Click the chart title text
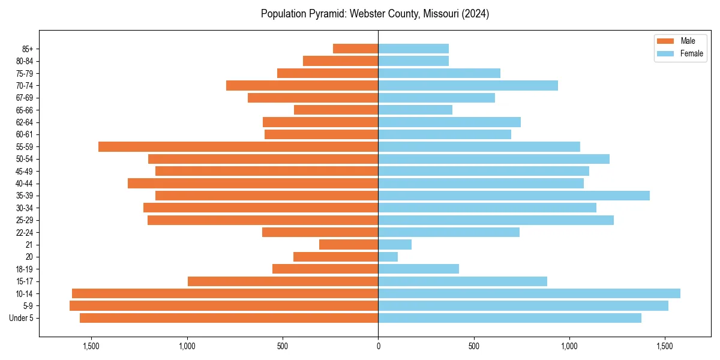pyautogui.click(x=375, y=14)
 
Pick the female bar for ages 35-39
pyautogui.click(x=514, y=196)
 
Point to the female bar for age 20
pyautogui.click(x=388, y=257)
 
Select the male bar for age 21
pyautogui.click(x=349, y=244)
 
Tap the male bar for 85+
pyautogui.click(x=355, y=49)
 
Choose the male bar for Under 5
pyautogui.click(x=229, y=318)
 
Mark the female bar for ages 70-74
pyautogui.click(x=468, y=85)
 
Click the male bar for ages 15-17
pyautogui.click(x=283, y=281)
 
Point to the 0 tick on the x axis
pyautogui.click(x=378, y=346)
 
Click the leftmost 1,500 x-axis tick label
pyautogui.click(x=91, y=346)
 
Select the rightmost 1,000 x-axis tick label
pyautogui.click(x=569, y=346)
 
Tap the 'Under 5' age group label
pyautogui.click(x=21, y=318)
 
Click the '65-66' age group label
pyautogui.click(x=25, y=110)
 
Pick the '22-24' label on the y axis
pyautogui.click(x=25, y=232)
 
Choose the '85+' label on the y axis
pyautogui.click(x=28, y=49)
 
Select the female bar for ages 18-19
pyautogui.click(x=418, y=269)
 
